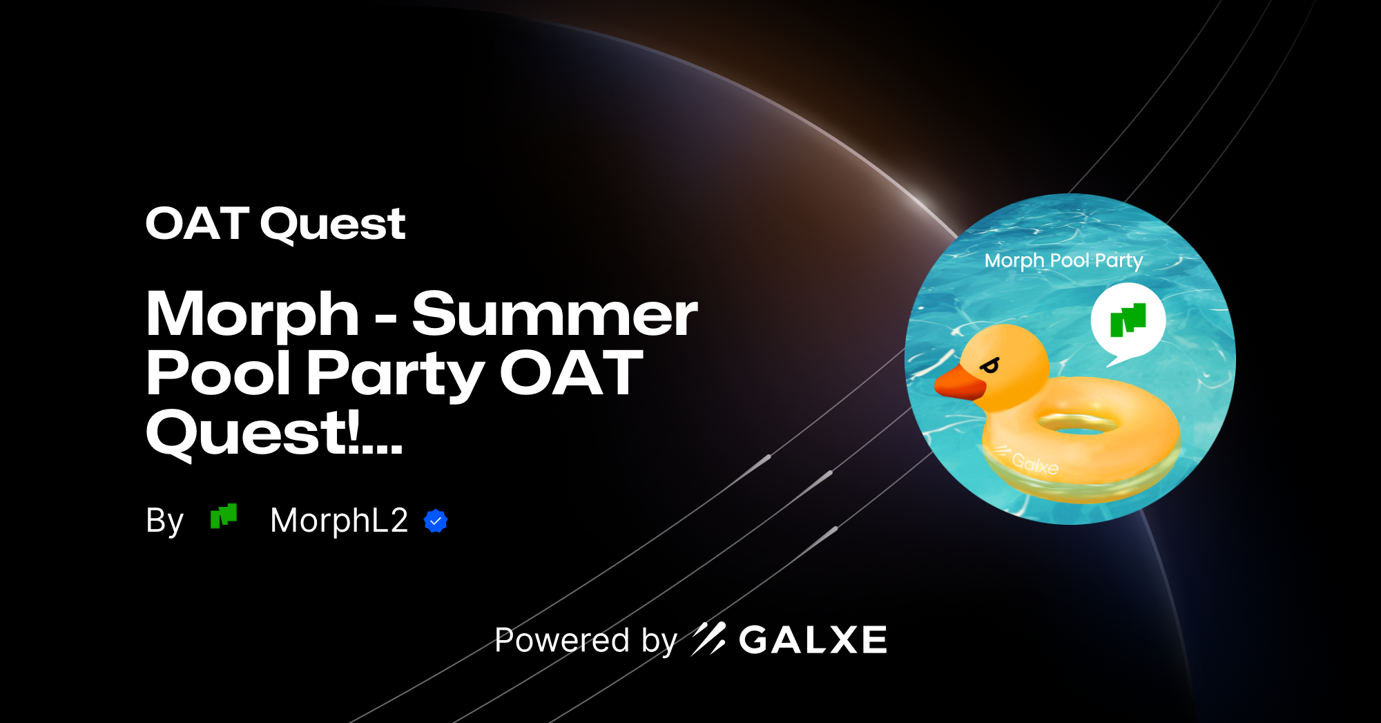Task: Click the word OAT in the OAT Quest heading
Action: [x=197, y=224]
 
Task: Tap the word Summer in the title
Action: [x=554, y=314]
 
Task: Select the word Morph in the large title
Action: [x=253, y=314]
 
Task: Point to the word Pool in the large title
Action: [x=220, y=374]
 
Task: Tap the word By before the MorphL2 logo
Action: [x=164, y=521]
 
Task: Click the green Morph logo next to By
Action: [x=224, y=517]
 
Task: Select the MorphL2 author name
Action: [x=339, y=520]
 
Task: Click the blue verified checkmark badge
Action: [x=436, y=521]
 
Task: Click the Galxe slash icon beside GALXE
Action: [x=708, y=639]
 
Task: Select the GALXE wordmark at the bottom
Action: [x=813, y=640]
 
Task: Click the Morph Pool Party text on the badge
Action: [x=1063, y=260]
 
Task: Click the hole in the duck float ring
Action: [x=1078, y=422]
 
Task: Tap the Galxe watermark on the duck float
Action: [x=1034, y=463]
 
